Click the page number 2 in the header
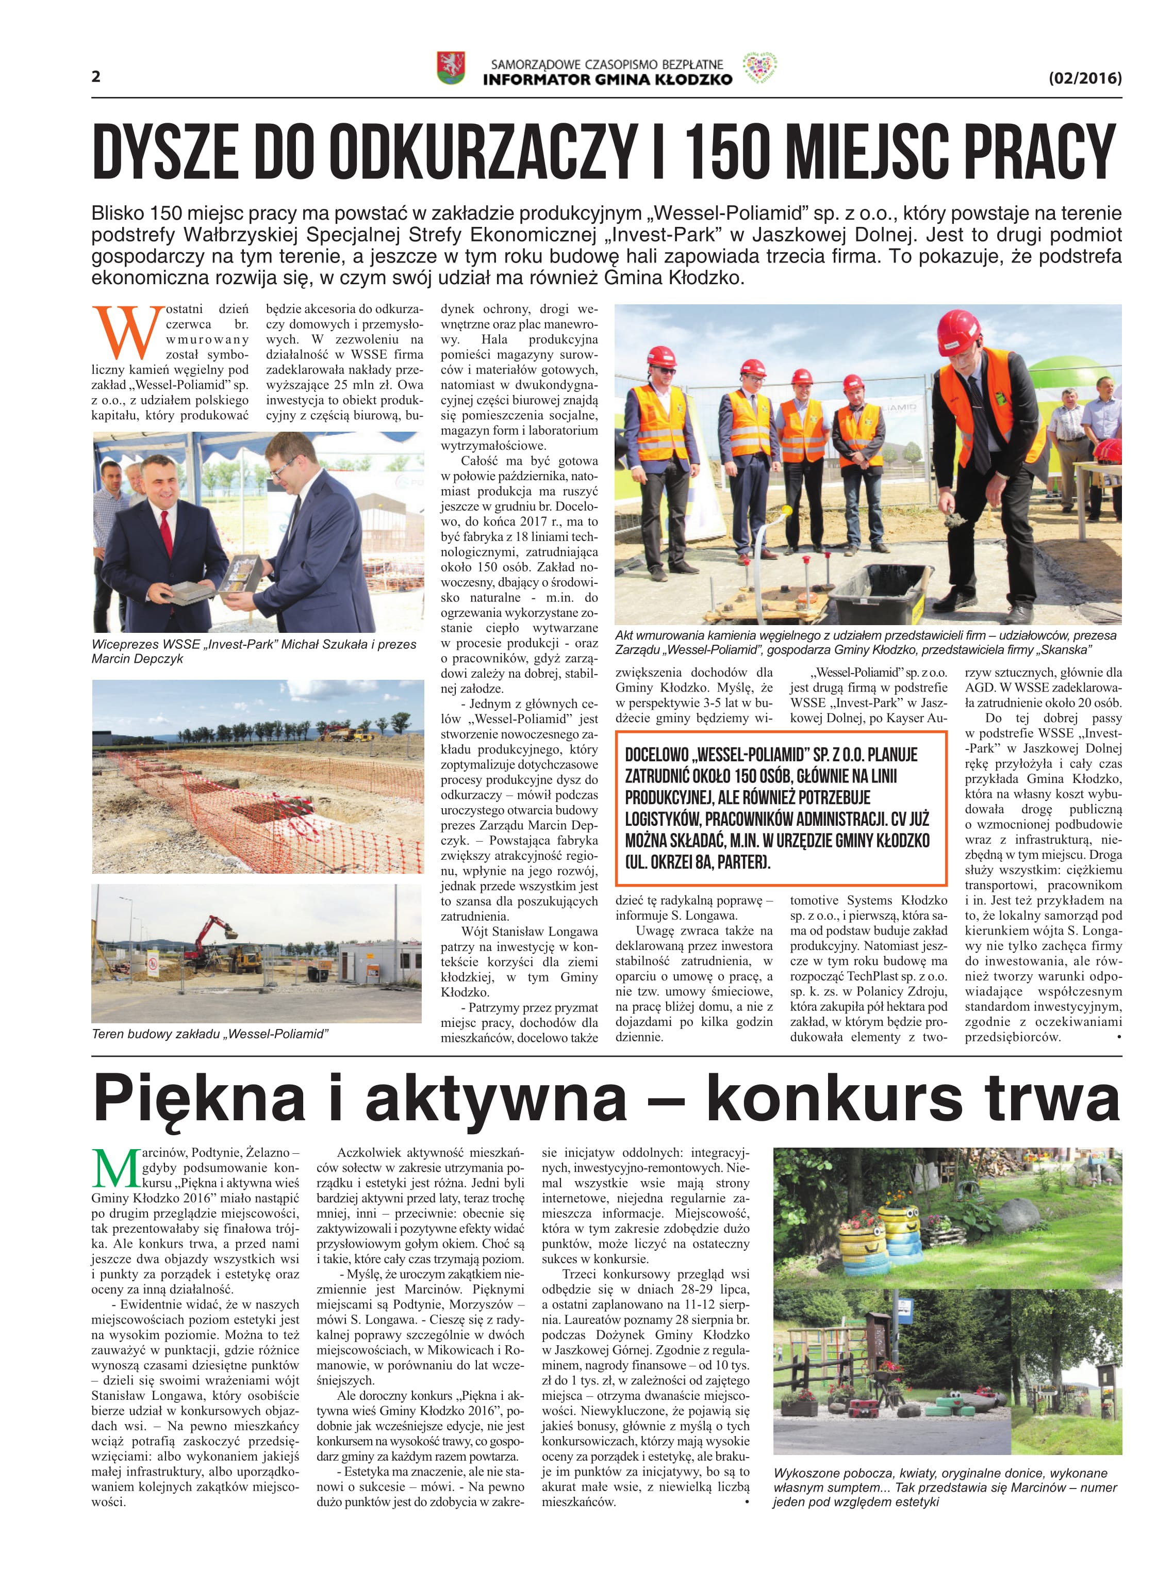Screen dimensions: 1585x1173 (x=96, y=77)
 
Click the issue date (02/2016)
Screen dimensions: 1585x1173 (x=1085, y=77)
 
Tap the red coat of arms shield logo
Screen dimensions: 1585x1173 (x=450, y=68)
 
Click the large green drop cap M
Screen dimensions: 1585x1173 (x=115, y=1168)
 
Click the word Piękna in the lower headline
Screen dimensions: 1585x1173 (x=200, y=1099)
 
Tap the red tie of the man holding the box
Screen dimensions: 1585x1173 (x=166, y=533)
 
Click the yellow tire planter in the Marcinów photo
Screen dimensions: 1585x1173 (x=899, y=1222)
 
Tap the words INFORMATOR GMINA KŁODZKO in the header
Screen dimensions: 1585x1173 (x=607, y=79)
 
